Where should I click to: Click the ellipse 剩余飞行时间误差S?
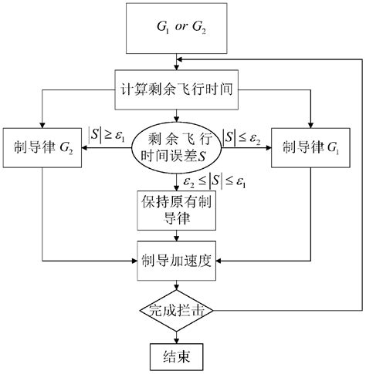(178, 147)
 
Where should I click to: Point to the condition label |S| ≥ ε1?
(107, 133)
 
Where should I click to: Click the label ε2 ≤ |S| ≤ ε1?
(219, 182)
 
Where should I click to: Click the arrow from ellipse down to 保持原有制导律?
(178, 180)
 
